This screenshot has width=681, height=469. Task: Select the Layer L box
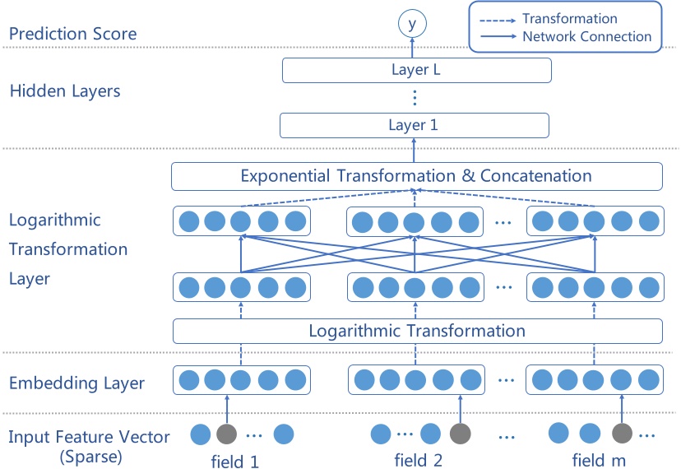click(416, 71)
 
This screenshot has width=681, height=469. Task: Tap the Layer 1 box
click(414, 125)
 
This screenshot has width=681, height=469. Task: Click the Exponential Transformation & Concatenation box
click(416, 176)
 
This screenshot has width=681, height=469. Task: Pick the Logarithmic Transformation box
click(416, 331)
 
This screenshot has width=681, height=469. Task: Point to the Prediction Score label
click(72, 35)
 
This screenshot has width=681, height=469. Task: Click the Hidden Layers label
click(65, 91)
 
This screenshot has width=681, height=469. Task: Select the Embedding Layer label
click(76, 383)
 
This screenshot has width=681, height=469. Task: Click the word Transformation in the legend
click(569, 19)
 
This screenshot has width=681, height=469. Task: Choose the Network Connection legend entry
click(586, 36)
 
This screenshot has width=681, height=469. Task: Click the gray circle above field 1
click(226, 434)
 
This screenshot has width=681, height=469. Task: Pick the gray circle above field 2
click(461, 434)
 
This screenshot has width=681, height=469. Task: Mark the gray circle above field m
click(622, 434)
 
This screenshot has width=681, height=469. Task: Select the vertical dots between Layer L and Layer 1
click(415, 98)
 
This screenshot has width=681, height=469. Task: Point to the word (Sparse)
click(92, 455)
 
